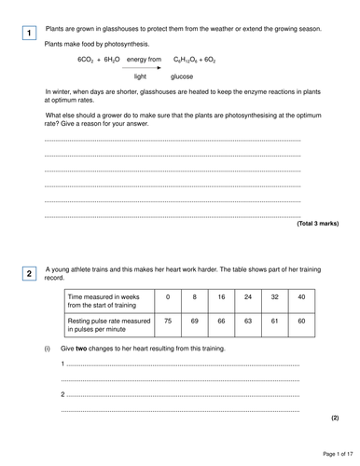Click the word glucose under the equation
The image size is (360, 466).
[x=182, y=76]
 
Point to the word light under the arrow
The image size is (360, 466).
[x=141, y=76]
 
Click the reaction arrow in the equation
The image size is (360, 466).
[x=142, y=67]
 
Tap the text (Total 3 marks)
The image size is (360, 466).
[x=317, y=224]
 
